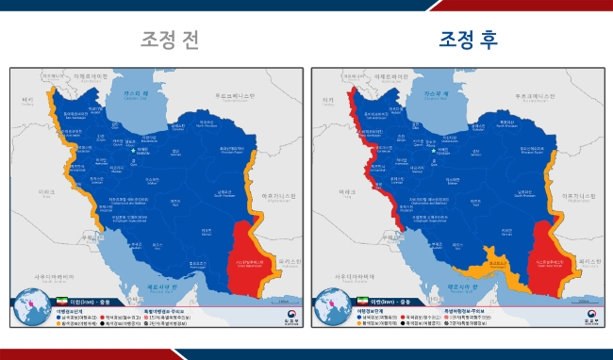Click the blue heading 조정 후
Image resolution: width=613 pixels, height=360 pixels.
(x=468, y=40)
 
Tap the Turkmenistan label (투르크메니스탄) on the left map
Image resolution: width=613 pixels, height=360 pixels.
(x=232, y=97)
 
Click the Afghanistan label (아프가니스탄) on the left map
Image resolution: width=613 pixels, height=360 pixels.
(x=279, y=192)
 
